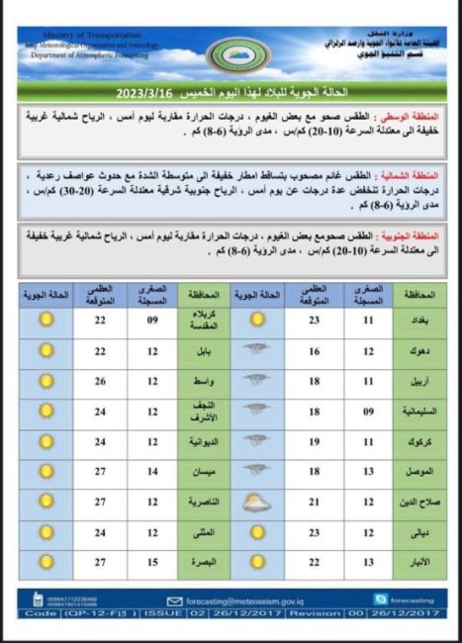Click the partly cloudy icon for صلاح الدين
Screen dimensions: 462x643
point(257,501)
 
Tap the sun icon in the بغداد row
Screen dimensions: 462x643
point(257,320)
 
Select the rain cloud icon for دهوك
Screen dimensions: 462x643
point(257,350)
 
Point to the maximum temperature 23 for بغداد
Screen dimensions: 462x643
point(314,320)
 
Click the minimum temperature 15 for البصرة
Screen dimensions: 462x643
point(153,561)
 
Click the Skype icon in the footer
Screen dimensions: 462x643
point(380,598)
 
